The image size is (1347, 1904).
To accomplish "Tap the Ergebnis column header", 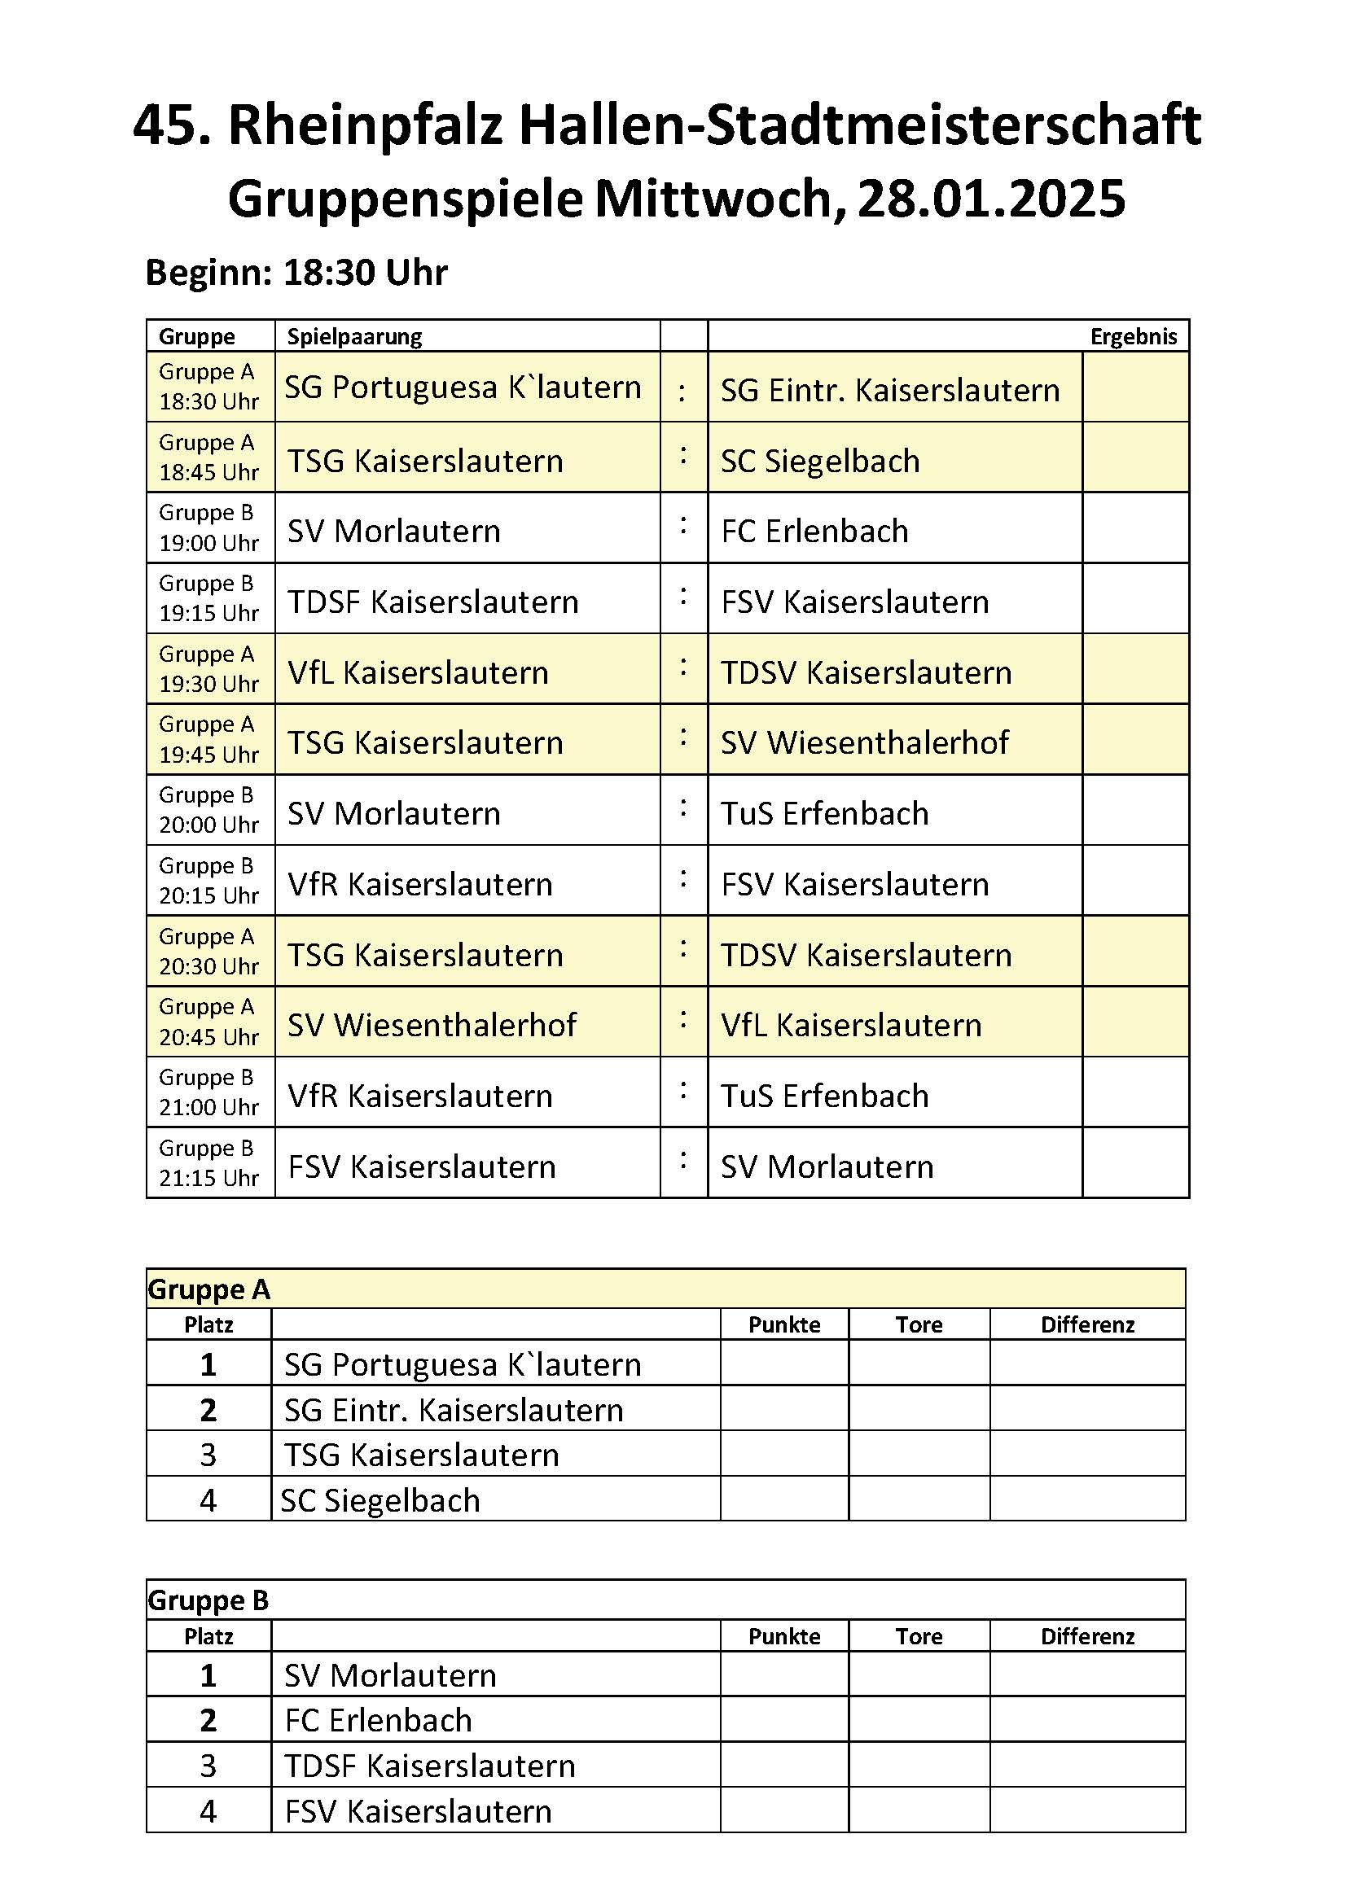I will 1133,337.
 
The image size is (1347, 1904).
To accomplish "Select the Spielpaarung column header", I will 354,337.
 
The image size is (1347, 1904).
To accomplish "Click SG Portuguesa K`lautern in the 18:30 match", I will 463,387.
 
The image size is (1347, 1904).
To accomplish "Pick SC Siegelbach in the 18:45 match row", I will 820,461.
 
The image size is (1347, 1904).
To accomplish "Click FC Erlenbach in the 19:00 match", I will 814,532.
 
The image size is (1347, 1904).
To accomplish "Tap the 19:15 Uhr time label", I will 209,614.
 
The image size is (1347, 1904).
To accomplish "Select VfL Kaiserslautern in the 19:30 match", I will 418,672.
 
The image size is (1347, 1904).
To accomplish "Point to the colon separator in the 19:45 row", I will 683,738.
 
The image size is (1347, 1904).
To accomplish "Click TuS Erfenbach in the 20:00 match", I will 824,813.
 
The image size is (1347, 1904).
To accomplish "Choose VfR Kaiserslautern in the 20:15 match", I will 419,885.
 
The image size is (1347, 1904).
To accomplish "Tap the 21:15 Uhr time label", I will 209,1179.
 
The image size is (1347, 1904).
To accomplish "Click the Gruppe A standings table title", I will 209,1289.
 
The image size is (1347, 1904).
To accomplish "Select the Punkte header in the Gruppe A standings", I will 783,1325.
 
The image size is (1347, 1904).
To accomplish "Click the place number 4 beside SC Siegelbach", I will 208,1500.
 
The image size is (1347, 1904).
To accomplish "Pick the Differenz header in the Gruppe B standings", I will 1086,1636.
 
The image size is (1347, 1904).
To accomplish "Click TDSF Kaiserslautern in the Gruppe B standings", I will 430,1766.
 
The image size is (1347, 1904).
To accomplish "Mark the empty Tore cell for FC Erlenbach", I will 918,1721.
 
